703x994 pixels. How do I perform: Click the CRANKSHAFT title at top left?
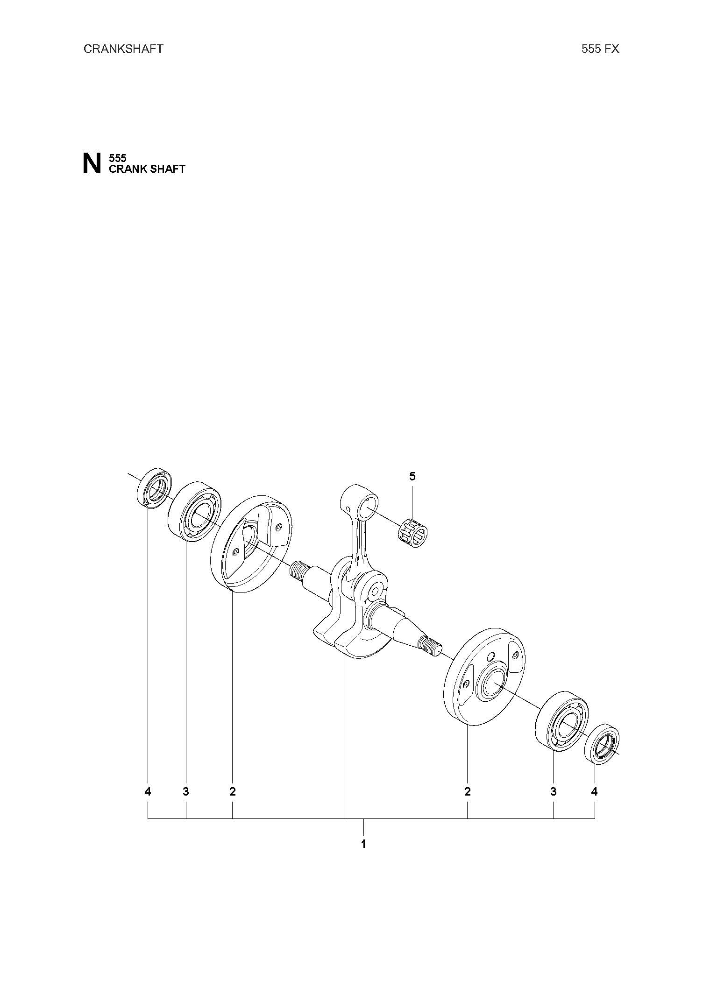(123, 49)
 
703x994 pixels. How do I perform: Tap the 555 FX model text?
(600, 49)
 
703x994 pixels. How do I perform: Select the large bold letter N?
(92, 163)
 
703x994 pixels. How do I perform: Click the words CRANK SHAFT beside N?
(147, 169)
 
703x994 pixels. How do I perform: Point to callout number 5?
(412, 477)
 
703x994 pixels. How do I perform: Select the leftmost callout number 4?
(148, 791)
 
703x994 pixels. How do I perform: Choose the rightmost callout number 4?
(594, 791)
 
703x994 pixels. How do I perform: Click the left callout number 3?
(186, 791)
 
